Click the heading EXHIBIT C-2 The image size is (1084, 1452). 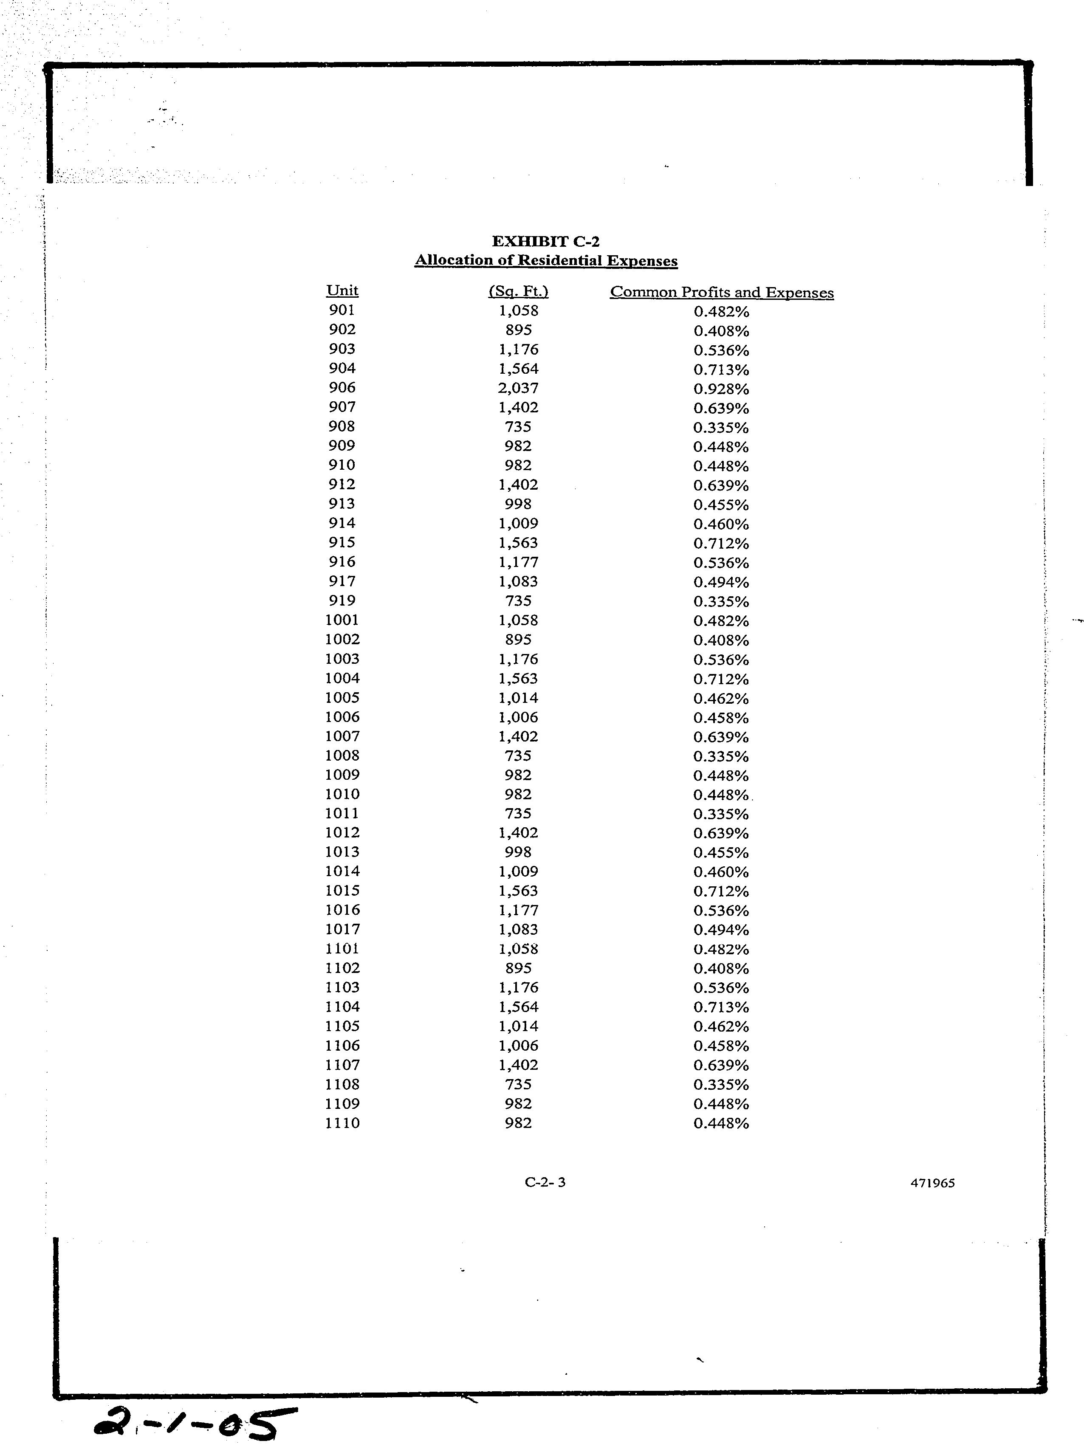pyautogui.click(x=545, y=242)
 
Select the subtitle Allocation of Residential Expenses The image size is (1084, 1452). pyautogui.click(x=546, y=260)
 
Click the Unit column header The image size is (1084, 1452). pyautogui.click(x=342, y=290)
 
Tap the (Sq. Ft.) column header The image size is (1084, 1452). pyautogui.click(x=518, y=291)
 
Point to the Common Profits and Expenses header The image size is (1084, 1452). pyautogui.click(x=722, y=293)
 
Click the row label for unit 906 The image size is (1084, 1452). pyautogui.click(x=342, y=388)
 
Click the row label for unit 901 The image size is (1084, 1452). pyautogui.click(x=342, y=310)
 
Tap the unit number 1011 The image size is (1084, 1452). pyautogui.click(x=342, y=814)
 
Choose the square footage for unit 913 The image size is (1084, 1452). pyautogui.click(x=518, y=504)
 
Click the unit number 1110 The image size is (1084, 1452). pyautogui.click(x=342, y=1123)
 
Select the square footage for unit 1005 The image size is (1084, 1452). pyautogui.click(x=518, y=697)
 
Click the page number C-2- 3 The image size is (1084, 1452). pyautogui.click(x=545, y=1182)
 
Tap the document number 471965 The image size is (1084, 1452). pyautogui.click(x=932, y=1183)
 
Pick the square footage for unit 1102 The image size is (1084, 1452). pyautogui.click(x=518, y=968)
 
